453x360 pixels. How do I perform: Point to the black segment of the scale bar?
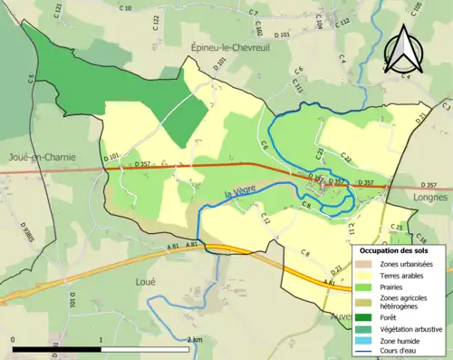click(54, 348)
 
